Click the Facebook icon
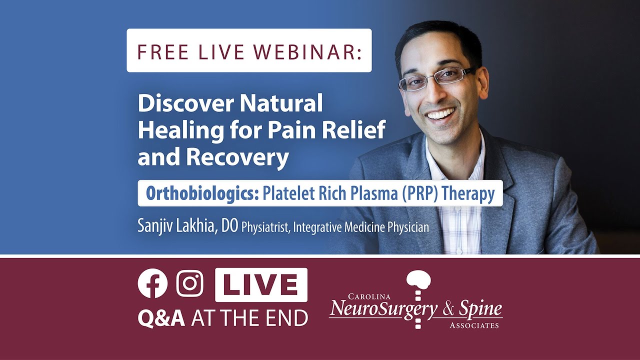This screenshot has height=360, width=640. (x=152, y=283)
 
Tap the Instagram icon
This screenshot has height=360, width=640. (x=190, y=283)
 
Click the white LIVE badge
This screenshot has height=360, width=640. (x=261, y=284)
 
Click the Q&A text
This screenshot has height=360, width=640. (x=161, y=318)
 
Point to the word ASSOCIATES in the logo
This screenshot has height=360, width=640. (x=473, y=325)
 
